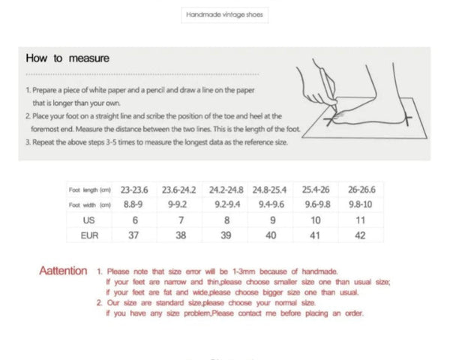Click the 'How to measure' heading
click(67, 58)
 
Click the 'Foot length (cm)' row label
click(90, 190)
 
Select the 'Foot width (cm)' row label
click(90, 205)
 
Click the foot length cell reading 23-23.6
click(134, 190)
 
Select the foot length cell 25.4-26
click(316, 190)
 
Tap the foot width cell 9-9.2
click(178, 205)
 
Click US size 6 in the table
click(134, 220)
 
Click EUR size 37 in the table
click(134, 236)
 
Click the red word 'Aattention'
click(63, 271)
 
